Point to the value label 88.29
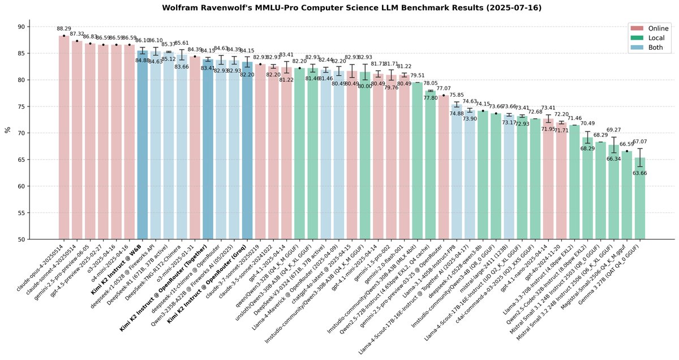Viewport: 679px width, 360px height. click(x=64, y=28)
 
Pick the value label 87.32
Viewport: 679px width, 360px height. click(x=77, y=34)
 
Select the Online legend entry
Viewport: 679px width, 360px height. click(x=647, y=28)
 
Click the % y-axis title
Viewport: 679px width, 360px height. click(x=7, y=130)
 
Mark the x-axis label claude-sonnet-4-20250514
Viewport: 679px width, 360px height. click(x=54, y=272)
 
